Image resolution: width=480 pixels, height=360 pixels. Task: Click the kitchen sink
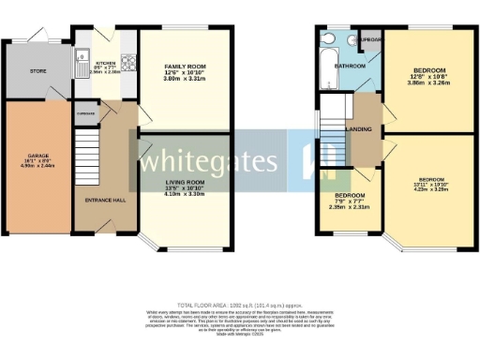tap(81, 65)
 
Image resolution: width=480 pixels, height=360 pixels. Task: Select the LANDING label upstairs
tap(358, 130)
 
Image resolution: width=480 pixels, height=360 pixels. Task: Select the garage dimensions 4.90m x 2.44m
tap(37, 165)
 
